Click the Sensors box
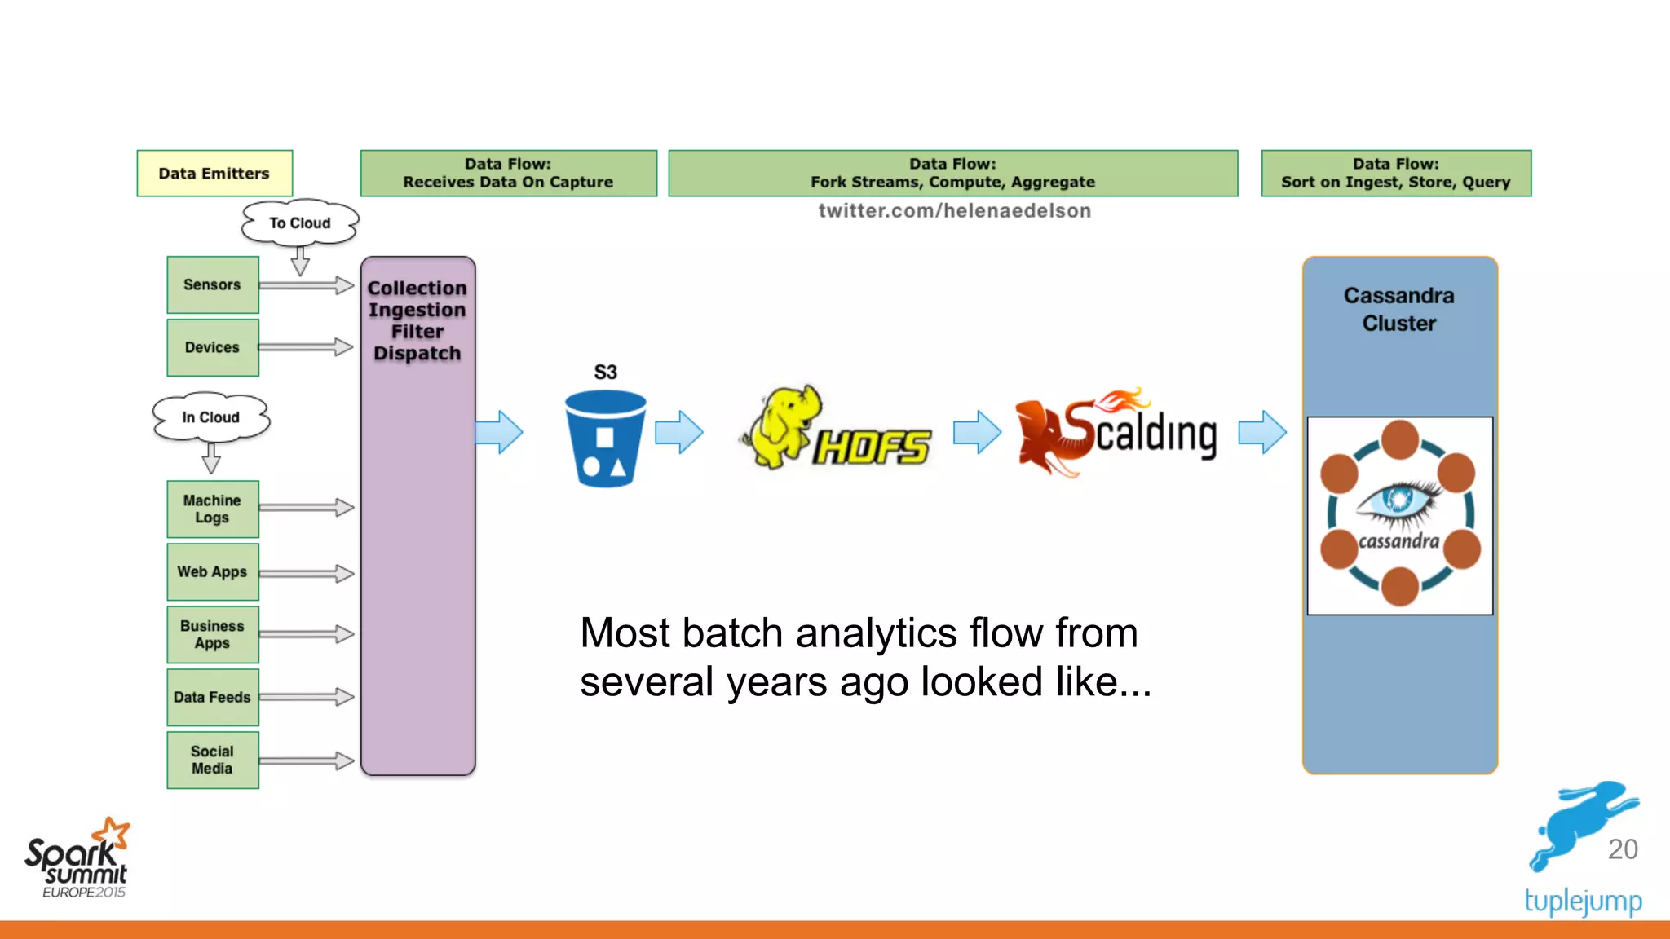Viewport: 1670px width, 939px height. [212, 284]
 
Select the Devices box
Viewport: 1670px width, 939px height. [212, 347]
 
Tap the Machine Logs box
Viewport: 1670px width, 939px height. [212, 509]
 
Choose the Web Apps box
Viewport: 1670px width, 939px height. [212, 571]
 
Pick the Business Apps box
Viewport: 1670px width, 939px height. [212, 634]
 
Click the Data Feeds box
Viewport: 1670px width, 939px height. [212, 697]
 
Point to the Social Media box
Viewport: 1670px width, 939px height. [212, 760]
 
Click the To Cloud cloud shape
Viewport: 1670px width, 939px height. [300, 223]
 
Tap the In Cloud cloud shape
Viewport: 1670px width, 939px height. [210, 417]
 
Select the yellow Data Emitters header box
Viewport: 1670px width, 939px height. [214, 173]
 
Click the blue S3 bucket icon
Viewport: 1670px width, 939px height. [605, 439]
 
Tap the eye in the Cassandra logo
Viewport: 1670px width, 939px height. [1399, 499]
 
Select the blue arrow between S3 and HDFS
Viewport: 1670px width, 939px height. [678, 432]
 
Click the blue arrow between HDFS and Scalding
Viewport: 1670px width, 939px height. [977, 432]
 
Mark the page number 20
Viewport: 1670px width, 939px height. [1622, 849]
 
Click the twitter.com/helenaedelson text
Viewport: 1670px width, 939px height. [954, 211]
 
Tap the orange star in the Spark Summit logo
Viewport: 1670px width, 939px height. [113, 834]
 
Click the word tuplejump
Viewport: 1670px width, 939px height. [1583, 902]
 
